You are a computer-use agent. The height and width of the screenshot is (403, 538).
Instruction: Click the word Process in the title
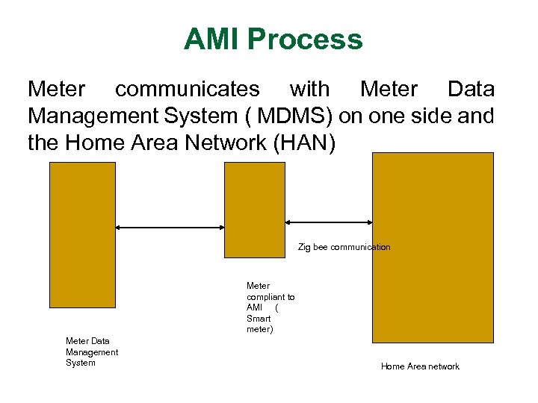tap(306, 40)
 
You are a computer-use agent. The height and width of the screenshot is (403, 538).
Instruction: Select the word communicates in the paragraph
tap(187, 90)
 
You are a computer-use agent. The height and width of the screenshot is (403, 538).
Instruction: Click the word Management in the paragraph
tap(101, 116)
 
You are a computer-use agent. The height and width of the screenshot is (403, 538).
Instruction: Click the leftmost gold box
tap(82, 235)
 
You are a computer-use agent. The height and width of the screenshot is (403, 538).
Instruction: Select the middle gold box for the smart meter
tap(255, 210)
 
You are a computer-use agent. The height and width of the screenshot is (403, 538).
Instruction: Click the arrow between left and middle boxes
tap(170, 227)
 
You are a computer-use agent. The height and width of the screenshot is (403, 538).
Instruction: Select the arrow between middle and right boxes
tap(330, 222)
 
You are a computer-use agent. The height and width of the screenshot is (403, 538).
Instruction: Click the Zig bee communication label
tap(344, 247)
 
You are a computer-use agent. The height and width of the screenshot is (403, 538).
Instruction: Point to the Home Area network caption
tap(420, 366)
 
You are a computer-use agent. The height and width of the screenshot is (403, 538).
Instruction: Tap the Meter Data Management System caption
tap(91, 352)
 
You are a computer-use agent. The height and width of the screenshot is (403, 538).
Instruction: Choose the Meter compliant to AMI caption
tap(270, 307)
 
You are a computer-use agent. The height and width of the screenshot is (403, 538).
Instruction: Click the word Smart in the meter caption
tap(259, 319)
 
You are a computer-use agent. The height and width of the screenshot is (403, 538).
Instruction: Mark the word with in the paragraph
tap(309, 90)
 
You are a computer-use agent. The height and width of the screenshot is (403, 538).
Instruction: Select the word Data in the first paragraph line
tap(471, 90)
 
